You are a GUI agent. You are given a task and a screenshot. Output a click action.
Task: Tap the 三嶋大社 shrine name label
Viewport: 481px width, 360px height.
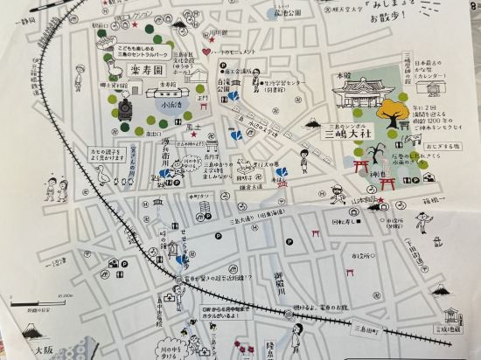[x=348, y=135]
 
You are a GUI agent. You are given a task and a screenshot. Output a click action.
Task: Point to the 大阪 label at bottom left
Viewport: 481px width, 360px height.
[x=41, y=349]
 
